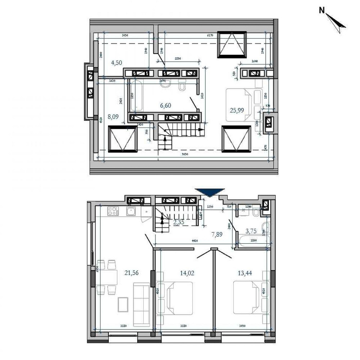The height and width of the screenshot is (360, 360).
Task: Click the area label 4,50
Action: [116, 63]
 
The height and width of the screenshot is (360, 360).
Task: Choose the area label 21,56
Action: [132, 273]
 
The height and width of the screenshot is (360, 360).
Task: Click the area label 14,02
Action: [187, 273]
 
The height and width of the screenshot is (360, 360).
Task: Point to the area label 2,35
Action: [179, 222]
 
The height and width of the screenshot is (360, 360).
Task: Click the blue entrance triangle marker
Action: [210, 193]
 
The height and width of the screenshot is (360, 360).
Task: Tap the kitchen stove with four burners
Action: [112, 212]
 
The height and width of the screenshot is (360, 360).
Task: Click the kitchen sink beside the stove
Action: [130, 212]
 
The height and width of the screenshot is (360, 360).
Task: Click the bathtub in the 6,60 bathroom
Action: [137, 96]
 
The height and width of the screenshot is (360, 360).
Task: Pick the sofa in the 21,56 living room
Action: [141, 302]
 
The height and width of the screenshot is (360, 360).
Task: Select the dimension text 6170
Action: [210, 36]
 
